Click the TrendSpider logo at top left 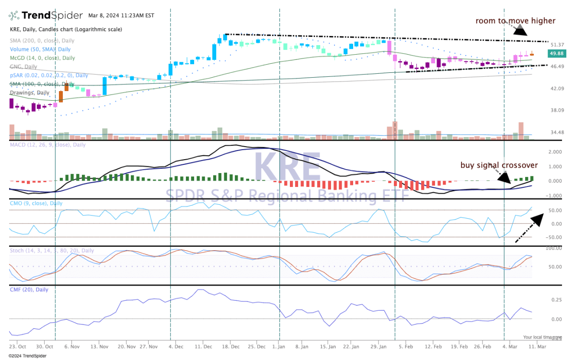(x=46, y=15)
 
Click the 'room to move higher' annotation (x=515, y=21)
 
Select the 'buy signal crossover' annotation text (x=499, y=165)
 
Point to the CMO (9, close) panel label (x=36, y=203)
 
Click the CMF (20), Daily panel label (x=29, y=290)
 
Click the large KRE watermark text (x=287, y=167)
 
